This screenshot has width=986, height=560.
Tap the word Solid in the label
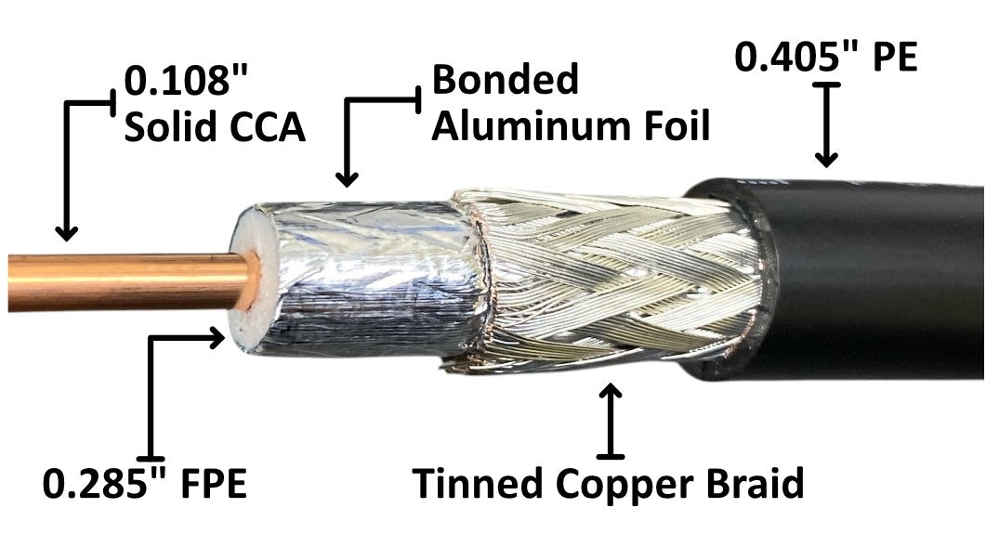pyautogui.click(x=167, y=127)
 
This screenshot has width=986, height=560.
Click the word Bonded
pyautogui.click(x=506, y=80)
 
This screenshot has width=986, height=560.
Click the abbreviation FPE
pyautogui.click(x=211, y=485)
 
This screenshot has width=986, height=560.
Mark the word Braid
pyautogui.click(x=748, y=485)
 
